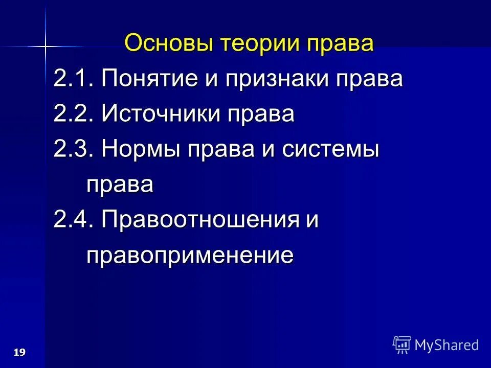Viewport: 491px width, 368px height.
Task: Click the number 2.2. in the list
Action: point(73,114)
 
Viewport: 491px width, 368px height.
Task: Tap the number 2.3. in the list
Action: point(73,150)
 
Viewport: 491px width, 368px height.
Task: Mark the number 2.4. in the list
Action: point(73,220)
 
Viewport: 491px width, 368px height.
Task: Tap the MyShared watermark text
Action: point(447,345)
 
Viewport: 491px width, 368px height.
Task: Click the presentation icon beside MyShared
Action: point(402,345)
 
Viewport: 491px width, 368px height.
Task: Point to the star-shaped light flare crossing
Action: point(46,47)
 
